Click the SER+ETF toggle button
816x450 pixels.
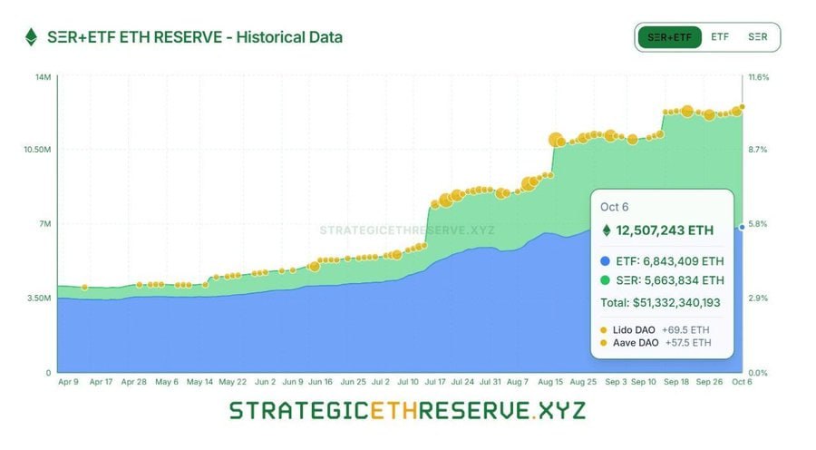click(669, 37)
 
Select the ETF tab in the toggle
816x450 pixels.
click(720, 37)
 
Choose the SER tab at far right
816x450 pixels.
click(757, 37)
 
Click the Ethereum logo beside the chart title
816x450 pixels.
click(31, 37)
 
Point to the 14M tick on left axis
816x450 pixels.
click(43, 77)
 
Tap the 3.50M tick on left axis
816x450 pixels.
click(39, 298)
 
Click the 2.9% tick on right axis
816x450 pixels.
click(758, 298)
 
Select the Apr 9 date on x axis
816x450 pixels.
click(69, 382)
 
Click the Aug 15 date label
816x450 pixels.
click(551, 382)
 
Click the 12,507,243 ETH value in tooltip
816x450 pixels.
click(665, 230)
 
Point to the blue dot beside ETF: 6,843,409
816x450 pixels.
click(605, 260)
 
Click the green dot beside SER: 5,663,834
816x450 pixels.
click(605, 279)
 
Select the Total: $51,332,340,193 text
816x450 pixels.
click(660, 302)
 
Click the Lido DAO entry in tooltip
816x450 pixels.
click(634, 329)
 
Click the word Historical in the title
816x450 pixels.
click(267, 37)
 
